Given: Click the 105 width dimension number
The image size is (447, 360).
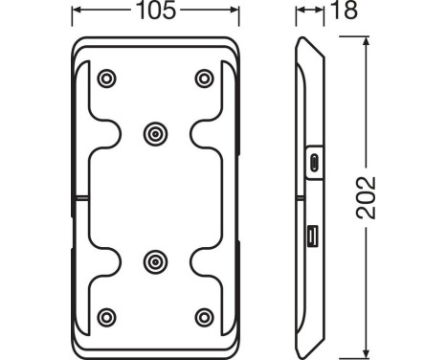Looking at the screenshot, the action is tap(156, 11).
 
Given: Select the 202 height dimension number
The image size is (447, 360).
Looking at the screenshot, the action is tap(366, 198).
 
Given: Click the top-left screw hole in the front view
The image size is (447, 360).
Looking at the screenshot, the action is tap(106, 79).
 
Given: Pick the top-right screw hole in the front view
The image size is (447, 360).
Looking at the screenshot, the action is tap(204, 79).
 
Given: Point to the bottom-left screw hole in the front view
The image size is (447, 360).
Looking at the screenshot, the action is tap(106, 317).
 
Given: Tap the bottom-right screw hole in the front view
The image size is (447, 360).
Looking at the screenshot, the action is tap(204, 317).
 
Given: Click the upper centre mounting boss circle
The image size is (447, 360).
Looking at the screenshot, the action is tap(155, 134).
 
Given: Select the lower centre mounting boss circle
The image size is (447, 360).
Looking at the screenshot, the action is tap(155, 262).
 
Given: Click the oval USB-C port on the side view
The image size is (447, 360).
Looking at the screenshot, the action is tap(314, 163).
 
